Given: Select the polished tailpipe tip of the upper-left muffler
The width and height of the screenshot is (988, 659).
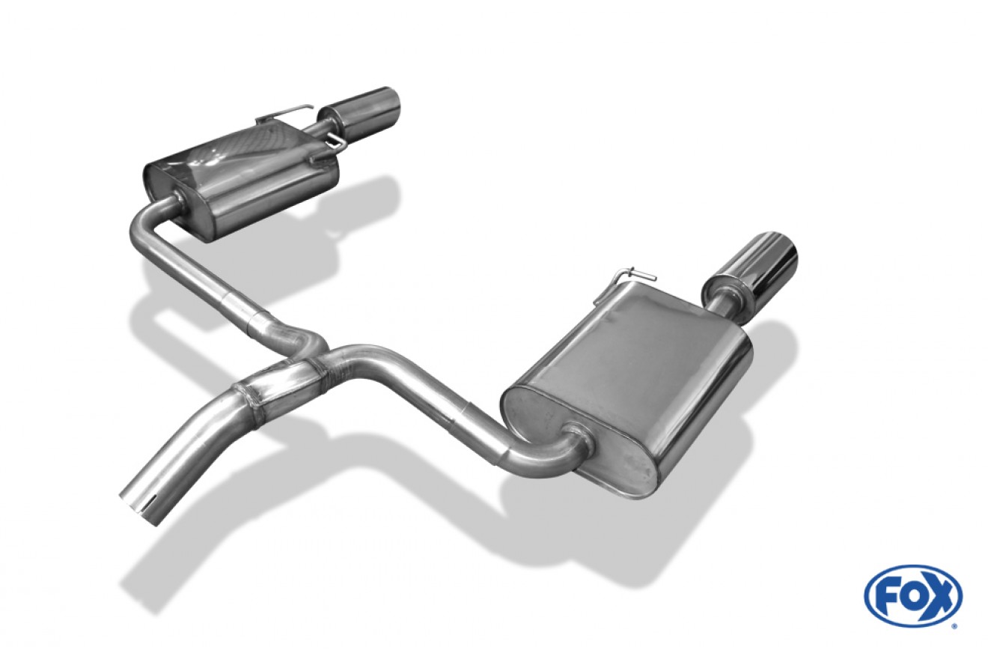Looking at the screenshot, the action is [360, 109].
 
